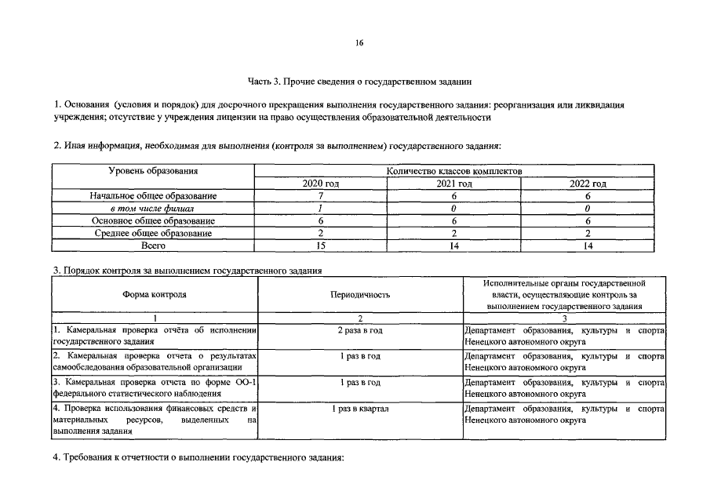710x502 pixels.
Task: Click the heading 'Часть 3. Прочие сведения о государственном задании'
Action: [x=360, y=81]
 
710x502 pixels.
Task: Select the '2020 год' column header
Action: [x=320, y=184]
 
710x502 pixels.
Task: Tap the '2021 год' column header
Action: [x=453, y=184]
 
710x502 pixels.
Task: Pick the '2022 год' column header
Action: [x=588, y=184]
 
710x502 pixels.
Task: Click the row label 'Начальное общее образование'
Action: [x=153, y=196]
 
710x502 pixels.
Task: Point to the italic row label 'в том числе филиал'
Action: [x=153, y=209]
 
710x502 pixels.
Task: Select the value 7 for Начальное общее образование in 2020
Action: [x=320, y=196]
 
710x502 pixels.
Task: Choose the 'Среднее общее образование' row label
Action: [x=153, y=234]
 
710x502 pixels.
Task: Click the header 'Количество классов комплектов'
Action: [x=454, y=171]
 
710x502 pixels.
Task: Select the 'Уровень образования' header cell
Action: [x=153, y=171]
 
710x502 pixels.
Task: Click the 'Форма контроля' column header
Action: [x=155, y=295]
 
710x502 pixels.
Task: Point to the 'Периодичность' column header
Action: [x=360, y=295]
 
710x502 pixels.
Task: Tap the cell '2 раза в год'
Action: [x=360, y=331]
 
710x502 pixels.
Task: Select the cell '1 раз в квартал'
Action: [x=360, y=409]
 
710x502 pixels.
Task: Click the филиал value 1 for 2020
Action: [x=320, y=209]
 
